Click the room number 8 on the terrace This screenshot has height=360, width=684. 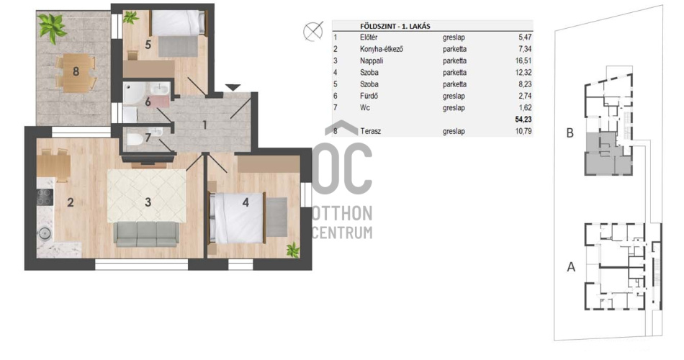[x=76, y=71]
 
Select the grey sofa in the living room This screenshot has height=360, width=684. [x=146, y=234]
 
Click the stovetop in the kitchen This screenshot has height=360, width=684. [x=45, y=197]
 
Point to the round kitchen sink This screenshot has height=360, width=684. [x=45, y=233]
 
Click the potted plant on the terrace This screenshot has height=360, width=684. [x=52, y=27]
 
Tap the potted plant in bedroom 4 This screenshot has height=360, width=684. [x=293, y=250]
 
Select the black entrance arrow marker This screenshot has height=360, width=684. [x=233, y=87]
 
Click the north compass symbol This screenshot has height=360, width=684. [x=313, y=31]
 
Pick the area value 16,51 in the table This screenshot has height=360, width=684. [x=523, y=60]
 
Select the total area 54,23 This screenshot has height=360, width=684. [x=523, y=119]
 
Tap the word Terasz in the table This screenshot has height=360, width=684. [x=370, y=131]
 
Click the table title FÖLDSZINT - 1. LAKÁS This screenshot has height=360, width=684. [x=395, y=26]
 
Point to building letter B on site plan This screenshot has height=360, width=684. [x=570, y=132]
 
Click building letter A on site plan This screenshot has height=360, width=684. [x=570, y=266]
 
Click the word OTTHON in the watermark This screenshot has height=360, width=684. [x=342, y=214]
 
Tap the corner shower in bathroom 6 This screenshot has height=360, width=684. [x=131, y=91]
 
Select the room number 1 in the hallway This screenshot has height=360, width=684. [x=204, y=125]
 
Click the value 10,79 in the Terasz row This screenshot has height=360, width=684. [x=523, y=131]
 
